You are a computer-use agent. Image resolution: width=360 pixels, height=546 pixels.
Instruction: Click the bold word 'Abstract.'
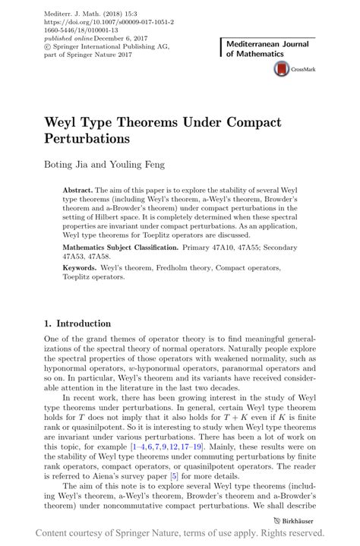(x=78, y=188)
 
